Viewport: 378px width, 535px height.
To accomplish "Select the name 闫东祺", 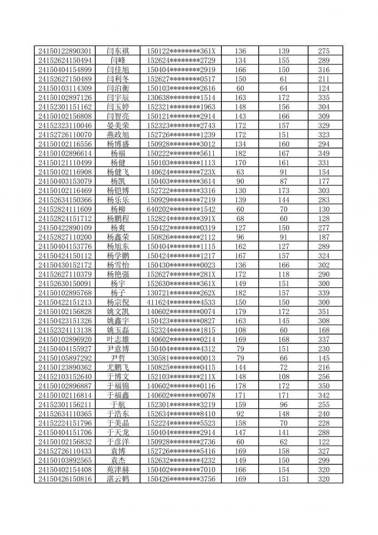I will coord(118,51).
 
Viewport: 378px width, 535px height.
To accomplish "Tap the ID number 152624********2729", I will coord(181,60).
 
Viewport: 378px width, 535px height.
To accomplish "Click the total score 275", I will coord(324,51).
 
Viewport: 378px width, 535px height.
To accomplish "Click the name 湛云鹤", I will coord(118,479).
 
